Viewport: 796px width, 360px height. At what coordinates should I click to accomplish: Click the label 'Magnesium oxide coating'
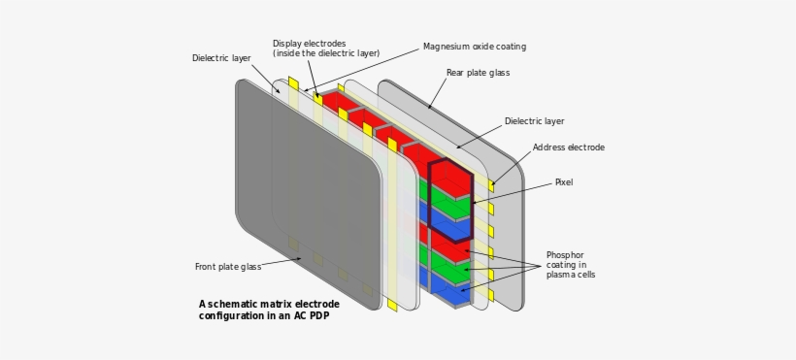coord(475,47)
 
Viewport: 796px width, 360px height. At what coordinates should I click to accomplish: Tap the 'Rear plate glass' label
coord(478,73)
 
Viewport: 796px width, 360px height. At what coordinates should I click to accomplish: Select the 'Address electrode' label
coord(568,147)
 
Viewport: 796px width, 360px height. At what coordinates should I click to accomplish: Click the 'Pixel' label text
coord(564,182)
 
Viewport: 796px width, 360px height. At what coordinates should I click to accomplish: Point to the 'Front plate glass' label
coord(227,267)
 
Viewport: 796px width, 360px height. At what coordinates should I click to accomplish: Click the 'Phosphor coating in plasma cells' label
coord(571,264)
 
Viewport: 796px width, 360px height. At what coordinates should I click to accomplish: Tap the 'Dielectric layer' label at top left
coord(221,58)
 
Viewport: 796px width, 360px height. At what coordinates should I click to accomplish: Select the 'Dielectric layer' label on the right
coord(534,121)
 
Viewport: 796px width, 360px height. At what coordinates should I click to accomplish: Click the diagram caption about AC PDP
coord(265,309)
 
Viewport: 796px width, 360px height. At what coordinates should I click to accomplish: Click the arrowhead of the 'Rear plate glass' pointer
coord(429,108)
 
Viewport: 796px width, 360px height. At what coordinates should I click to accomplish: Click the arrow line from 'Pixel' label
coord(514,191)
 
